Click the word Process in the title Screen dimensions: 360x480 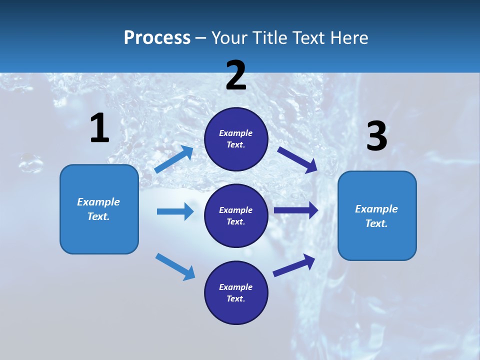pos(157,37)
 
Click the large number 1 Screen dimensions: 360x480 pos(99,128)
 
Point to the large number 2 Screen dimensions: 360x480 pos(236,75)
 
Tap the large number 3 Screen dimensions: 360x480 pos(377,136)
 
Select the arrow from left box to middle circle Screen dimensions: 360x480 pos(175,211)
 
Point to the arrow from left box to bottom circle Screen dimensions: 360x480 pos(175,266)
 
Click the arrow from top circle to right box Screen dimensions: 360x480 pos(298,159)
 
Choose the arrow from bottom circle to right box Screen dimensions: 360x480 pos(294,265)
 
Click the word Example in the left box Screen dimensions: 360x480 pos(98,202)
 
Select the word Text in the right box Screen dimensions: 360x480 pos(376,223)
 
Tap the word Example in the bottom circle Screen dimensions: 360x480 pos(236,287)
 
